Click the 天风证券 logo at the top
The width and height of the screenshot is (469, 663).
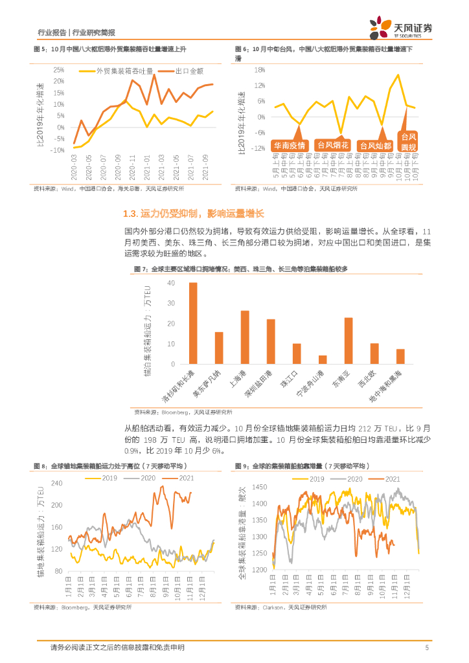(x=400, y=27)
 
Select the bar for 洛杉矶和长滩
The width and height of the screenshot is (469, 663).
(x=192, y=324)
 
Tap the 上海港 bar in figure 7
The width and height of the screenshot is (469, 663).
(x=245, y=338)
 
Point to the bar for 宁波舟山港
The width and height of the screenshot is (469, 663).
(x=322, y=360)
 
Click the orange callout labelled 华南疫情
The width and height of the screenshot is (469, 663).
(x=290, y=145)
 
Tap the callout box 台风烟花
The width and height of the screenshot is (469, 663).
(x=333, y=145)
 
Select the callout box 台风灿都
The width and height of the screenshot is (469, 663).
(x=376, y=145)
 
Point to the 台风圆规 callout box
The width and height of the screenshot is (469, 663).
(x=409, y=141)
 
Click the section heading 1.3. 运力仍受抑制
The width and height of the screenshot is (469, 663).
(x=194, y=214)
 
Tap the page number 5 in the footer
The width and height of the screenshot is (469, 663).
(x=427, y=647)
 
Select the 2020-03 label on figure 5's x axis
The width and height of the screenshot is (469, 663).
(x=75, y=170)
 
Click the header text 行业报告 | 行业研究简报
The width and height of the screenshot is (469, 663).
(x=76, y=32)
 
